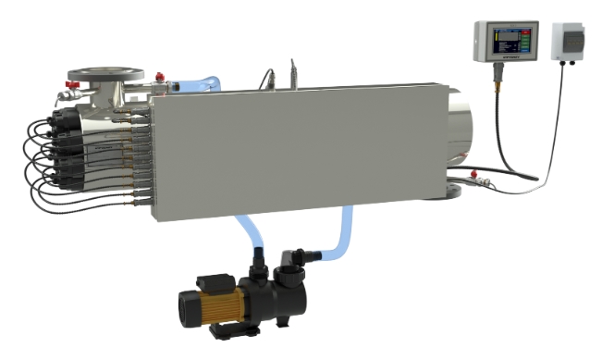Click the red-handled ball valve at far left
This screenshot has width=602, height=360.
point(65,93)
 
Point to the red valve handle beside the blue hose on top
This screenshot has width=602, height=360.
point(160,74)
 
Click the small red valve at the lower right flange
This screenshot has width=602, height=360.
point(473,173)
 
